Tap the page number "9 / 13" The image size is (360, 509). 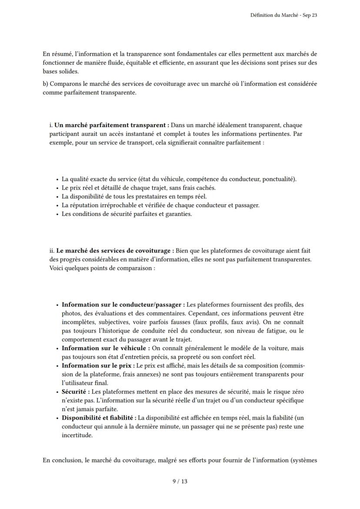(x=180, y=481)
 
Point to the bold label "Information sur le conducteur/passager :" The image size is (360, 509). (x=123, y=305)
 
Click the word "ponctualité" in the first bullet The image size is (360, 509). (x=278, y=179)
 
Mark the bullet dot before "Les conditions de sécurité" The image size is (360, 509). (x=57, y=214)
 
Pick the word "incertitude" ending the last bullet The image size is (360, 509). (x=77, y=435)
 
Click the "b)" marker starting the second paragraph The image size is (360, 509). (x=46, y=84)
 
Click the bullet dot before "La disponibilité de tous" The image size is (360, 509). (x=57, y=197)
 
